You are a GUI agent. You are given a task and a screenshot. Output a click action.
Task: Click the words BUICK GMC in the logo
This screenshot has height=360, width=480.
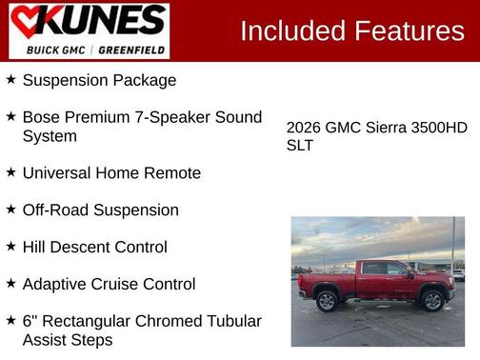tap(56, 49)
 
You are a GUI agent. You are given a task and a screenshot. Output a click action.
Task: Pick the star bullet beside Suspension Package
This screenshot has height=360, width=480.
tap(10, 80)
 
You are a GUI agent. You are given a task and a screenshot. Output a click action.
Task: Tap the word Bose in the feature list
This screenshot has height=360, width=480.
tap(44, 117)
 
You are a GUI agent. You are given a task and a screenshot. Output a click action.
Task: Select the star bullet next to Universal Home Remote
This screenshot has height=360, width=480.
tap(10, 172)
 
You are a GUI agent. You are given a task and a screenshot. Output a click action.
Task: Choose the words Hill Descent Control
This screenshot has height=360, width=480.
tap(94, 247)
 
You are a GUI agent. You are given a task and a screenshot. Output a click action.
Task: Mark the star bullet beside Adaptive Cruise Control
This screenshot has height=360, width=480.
tap(10, 284)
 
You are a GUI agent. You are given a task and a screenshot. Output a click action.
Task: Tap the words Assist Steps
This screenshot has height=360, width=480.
tap(68, 339)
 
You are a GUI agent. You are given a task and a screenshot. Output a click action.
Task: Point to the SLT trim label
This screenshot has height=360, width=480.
tap(300, 146)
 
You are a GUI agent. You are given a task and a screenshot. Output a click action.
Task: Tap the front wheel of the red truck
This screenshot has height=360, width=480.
tap(431, 301)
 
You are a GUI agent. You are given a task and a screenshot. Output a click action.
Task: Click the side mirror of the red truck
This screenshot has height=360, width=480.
tap(410, 274)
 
